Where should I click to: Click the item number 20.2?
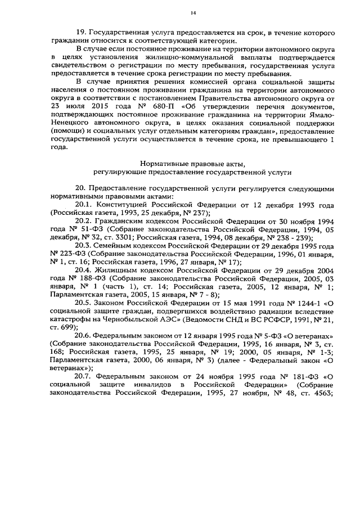point(83,222)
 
